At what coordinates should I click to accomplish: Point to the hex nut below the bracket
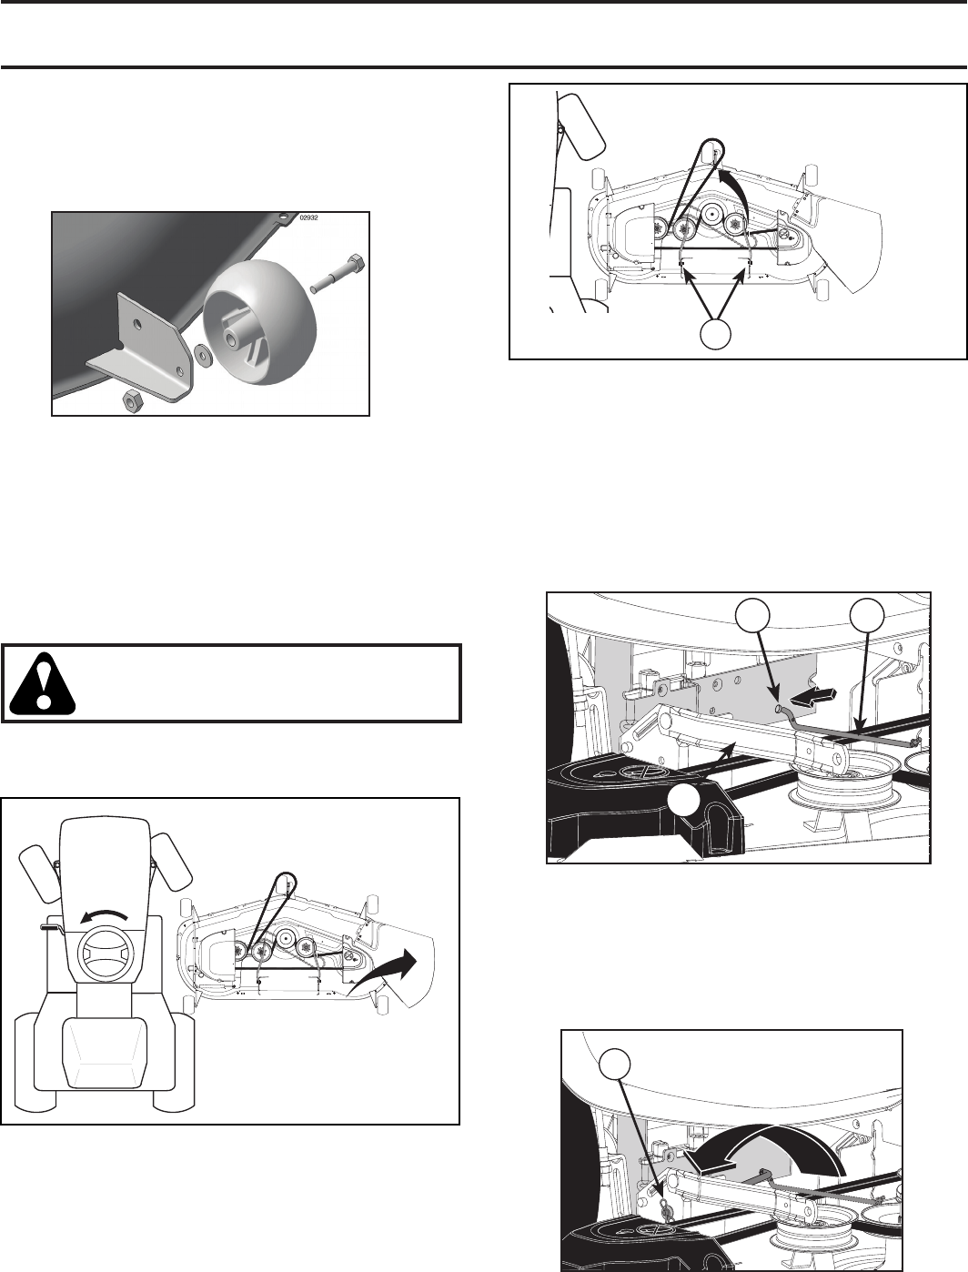(x=135, y=399)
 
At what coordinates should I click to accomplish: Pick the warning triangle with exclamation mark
(x=43, y=682)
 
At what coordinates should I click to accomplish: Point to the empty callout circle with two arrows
(x=714, y=334)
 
